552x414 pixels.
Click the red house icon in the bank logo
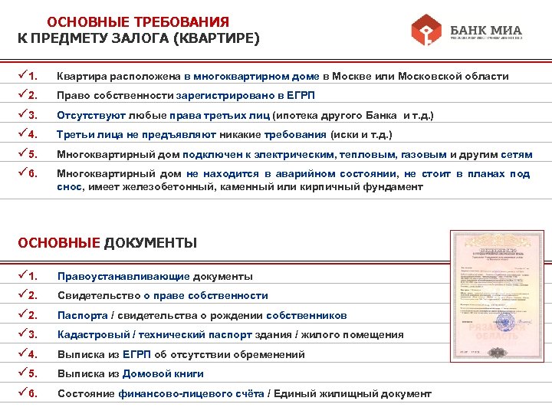click(x=427, y=31)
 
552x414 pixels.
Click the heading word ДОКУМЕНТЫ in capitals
click(x=150, y=243)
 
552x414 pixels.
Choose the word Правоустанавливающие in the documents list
click(x=123, y=276)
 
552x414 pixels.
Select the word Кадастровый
click(x=93, y=334)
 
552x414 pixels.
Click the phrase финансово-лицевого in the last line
click(x=163, y=393)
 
